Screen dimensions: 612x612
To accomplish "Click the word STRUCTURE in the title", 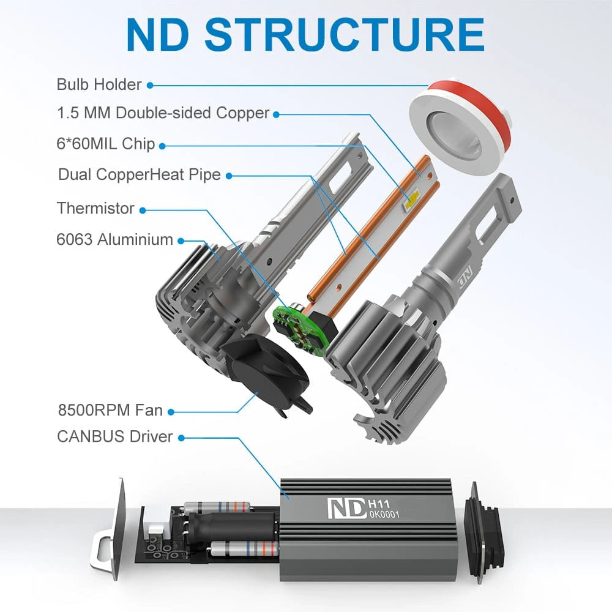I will [x=345, y=35].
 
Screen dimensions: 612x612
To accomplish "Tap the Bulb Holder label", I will [x=99, y=84].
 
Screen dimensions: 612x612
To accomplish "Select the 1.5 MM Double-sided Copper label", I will [x=163, y=113].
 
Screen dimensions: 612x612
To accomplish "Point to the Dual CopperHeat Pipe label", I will [x=139, y=174].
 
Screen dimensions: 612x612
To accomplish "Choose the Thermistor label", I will [x=95, y=208].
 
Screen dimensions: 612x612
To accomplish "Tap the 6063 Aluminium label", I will [x=115, y=239].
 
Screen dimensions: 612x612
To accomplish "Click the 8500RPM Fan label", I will [x=110, y=410].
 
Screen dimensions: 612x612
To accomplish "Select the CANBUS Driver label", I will [x=115, y=436].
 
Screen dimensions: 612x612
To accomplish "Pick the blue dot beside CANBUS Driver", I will [x=182, y=437].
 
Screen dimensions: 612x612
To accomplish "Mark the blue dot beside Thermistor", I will [x=143, y=209].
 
